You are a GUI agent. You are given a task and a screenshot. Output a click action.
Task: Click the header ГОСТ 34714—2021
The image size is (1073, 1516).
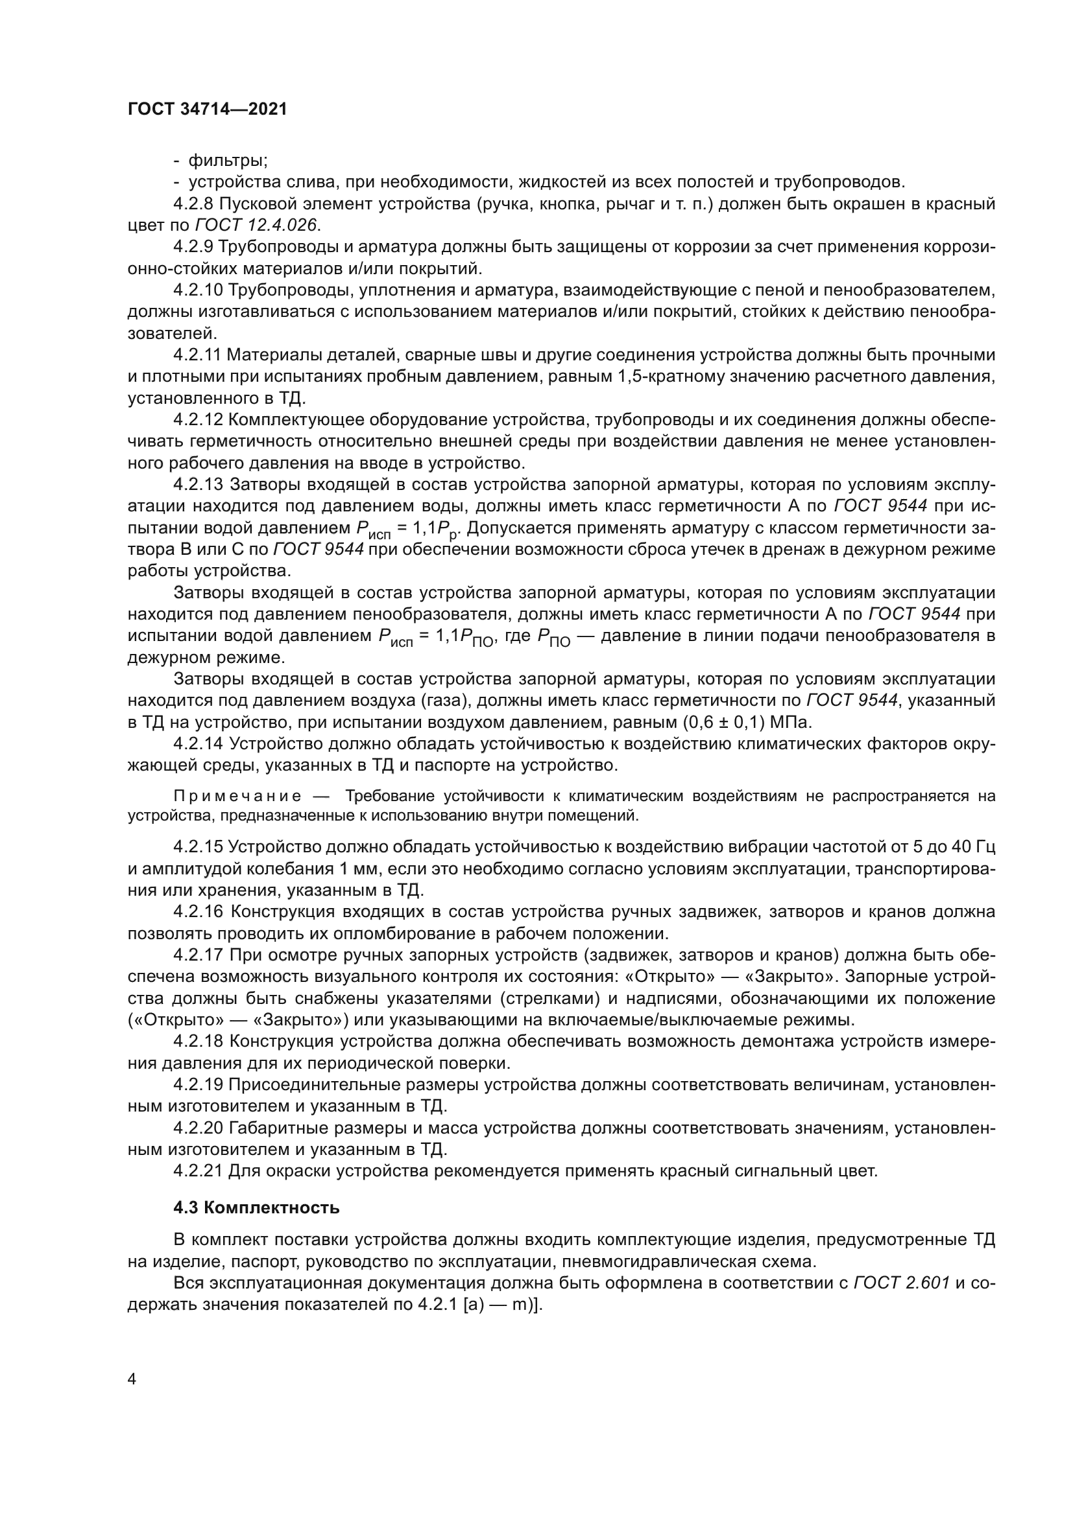[207, 110]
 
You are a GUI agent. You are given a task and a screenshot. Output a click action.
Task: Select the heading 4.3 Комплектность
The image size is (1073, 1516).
[256, 1207]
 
